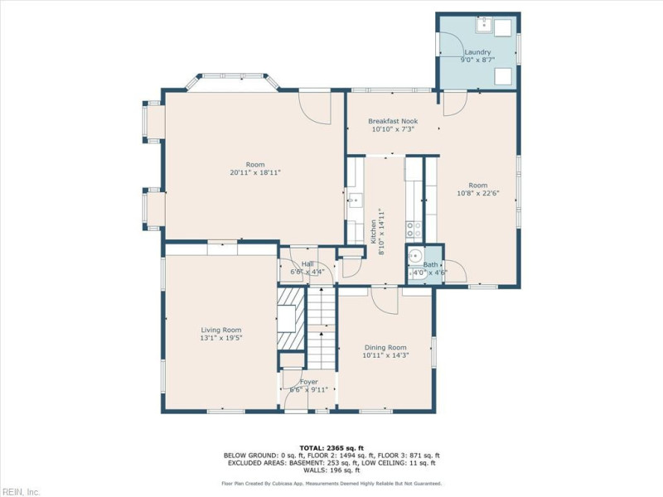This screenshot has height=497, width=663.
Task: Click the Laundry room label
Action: pos(477,51)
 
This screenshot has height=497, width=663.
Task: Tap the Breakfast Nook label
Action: pos(393,121)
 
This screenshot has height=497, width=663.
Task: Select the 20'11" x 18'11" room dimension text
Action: pos(255,172)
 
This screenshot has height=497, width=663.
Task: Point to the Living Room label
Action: pos(220,330)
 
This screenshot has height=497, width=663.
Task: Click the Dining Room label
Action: pos(385,347)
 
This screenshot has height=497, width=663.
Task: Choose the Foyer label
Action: pos(308,382)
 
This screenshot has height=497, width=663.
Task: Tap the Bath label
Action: pos(431,265)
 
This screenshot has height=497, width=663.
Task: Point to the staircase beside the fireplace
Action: pos(322,327)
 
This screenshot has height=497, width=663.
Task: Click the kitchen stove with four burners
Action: pos(414,226)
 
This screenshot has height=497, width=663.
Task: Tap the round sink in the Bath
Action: pos(415,256)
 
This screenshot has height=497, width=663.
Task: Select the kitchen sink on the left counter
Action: pos(354,200)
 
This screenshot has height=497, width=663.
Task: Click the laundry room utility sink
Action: pos(483,25)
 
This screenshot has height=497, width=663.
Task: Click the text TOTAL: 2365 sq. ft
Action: pos(331,448)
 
